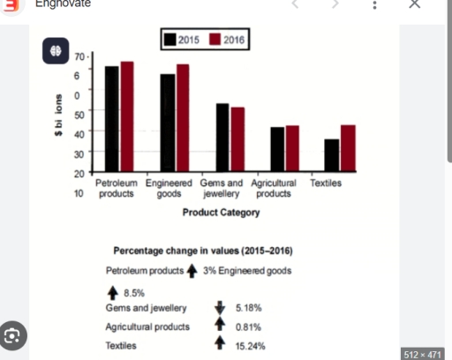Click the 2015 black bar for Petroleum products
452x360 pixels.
[112, 118]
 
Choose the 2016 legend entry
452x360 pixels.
[228, 40]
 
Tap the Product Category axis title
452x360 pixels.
[222, 213]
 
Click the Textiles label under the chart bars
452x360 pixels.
[326, 183]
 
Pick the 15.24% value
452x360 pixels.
[249, 346]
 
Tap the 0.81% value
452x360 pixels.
[248, 326]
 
